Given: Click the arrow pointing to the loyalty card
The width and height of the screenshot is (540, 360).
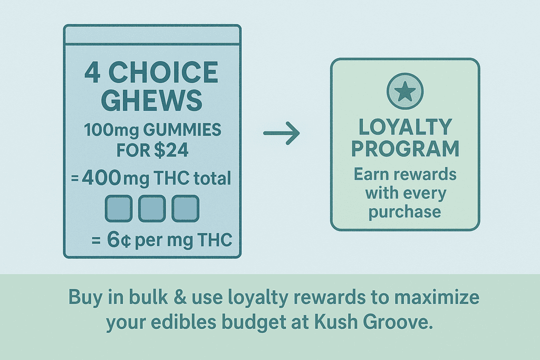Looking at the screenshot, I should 281,134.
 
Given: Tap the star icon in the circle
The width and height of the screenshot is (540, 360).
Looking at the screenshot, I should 404,91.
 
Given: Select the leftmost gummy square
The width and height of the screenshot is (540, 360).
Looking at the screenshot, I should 120,208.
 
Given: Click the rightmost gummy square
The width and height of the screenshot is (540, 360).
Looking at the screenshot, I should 185,208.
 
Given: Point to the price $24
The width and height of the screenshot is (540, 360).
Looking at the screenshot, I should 171,150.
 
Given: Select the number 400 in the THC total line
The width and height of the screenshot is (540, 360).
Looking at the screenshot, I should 101,178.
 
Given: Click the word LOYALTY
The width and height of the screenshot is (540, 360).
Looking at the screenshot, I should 405,128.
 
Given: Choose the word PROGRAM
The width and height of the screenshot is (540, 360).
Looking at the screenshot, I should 405,149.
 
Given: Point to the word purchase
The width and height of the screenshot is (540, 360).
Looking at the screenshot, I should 405,212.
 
